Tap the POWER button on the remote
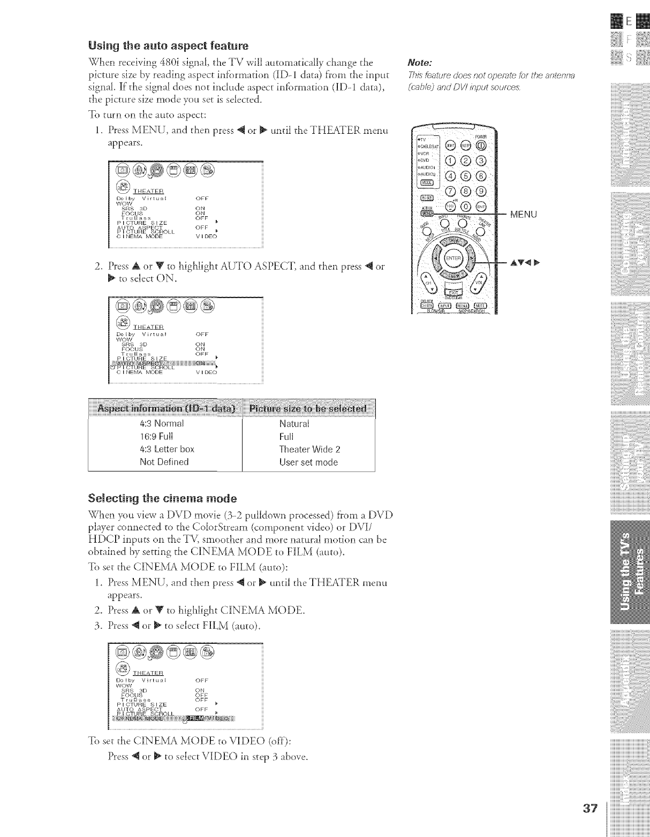pyautogui.click(x=482, y=144)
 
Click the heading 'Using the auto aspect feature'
pyautogui.click(x=168, y=45)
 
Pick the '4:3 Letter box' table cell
pyautogui.click(x=167, y=449)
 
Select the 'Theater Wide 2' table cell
pyautogui.click(x=309, y=449)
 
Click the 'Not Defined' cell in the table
pyautogui.click(x=164, y=462)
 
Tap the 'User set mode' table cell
pyautogui.click(x=308, y=462)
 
